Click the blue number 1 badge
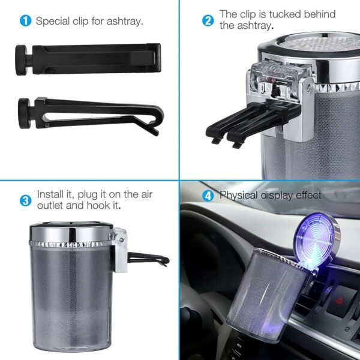coord(26,21)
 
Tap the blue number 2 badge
coord(208,20)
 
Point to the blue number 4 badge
coord(208,196)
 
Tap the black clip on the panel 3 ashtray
coord(150,260)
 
